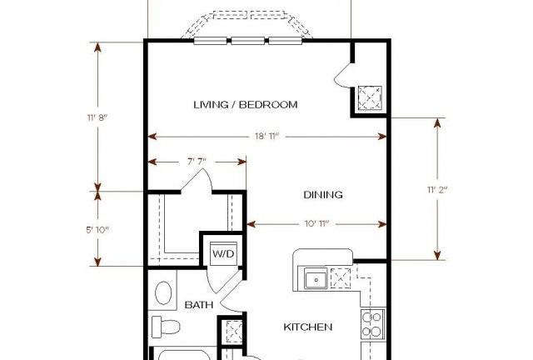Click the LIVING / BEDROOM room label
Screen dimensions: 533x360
246,104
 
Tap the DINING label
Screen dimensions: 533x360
323,195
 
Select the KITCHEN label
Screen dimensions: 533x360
307,327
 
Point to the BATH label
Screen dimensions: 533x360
199,305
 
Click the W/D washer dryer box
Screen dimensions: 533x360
223,253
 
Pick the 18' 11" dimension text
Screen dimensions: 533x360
267,136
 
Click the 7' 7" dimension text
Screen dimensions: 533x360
197,161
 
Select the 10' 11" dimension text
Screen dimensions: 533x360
316,223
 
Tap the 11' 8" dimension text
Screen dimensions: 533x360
97,117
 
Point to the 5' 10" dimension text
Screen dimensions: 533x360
97,230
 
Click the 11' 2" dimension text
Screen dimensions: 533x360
437,189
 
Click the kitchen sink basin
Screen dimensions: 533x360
316,278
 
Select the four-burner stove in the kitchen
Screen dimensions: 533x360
373,324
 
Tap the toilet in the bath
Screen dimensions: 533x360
166,327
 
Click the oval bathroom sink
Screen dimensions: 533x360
163,293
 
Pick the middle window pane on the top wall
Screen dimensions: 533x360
248,41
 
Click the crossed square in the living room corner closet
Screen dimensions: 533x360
370,97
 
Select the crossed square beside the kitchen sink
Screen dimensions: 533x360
341,278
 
